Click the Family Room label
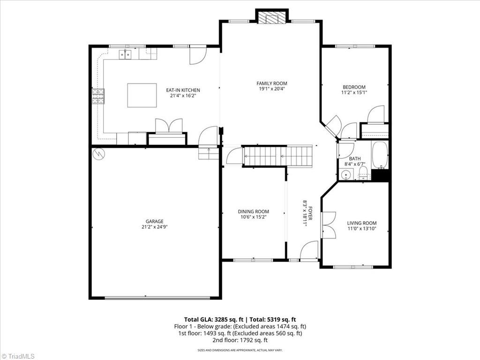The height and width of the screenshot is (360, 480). [x=271, y=83]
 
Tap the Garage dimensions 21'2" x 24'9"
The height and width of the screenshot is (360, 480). [x=154, y=227]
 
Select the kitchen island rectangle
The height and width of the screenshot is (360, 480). [x=142, y=95]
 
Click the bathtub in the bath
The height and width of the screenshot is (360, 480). [x=380, y=155]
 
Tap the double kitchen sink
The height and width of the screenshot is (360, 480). [x=125, y=54]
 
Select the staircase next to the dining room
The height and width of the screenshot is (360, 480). [x=277, y=156]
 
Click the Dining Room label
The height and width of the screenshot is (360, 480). [x=253, y=211]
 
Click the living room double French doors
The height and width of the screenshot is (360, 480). [x=328, y=225]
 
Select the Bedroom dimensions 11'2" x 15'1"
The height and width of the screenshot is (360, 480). [x=354, y=92]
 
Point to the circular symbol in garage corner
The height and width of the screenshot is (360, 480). [x=98, y=153]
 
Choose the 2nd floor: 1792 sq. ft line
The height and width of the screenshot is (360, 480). [x=240, y=340]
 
